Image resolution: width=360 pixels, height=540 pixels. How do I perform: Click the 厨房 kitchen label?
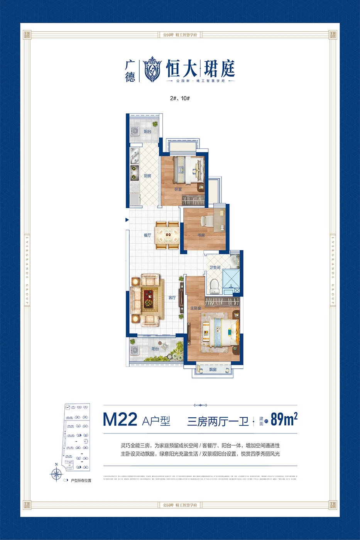click(147, 176)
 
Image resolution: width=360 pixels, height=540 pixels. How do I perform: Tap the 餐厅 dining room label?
click(147, 235)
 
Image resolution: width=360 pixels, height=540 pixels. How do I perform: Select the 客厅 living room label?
click(172, 298)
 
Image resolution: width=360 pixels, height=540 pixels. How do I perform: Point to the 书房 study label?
click(201, 235)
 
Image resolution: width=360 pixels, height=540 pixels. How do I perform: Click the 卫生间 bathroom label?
click(215, 267)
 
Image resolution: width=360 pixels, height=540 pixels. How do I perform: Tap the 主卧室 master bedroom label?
click(196, 308)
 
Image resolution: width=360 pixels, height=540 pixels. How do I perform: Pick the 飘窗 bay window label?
click(213, 370)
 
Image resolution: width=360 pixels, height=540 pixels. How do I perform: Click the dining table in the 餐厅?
click(167, 235)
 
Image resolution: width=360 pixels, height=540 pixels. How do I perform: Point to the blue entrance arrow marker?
click(127, 220)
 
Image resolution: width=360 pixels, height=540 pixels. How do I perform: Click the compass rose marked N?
click(56, 473)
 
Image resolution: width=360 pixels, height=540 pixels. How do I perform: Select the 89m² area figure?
click(284, 419)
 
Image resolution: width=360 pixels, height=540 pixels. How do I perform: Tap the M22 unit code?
click(120, 420)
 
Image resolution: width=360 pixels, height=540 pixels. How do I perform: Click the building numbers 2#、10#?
click(180, 98)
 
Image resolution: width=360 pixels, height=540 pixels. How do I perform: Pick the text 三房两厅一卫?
click(218, 421)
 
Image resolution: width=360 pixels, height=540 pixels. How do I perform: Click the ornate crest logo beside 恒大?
click(152, 69)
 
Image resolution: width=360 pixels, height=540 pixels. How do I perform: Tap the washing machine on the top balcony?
click(135, 131)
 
